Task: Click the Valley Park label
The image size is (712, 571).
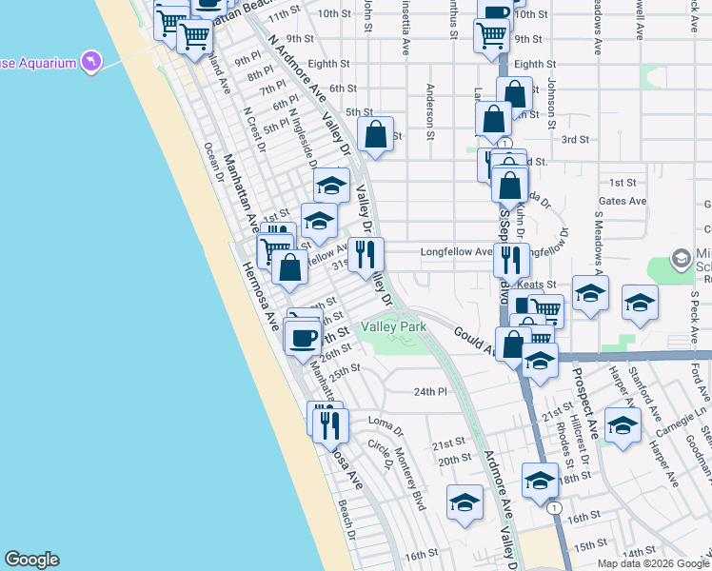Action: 392,327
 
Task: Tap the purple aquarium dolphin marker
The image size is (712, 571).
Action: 91,63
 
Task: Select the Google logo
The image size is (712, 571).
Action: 31,560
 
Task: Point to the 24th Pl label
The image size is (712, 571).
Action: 430,391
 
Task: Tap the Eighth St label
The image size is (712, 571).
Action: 535,64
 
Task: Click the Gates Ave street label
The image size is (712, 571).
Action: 623,201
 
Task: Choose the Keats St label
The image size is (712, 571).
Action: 537,285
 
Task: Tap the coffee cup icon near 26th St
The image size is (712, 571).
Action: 304,337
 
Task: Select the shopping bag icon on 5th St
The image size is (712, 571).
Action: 376,134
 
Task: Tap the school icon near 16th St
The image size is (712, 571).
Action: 465,503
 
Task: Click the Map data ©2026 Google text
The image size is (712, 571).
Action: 653,562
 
